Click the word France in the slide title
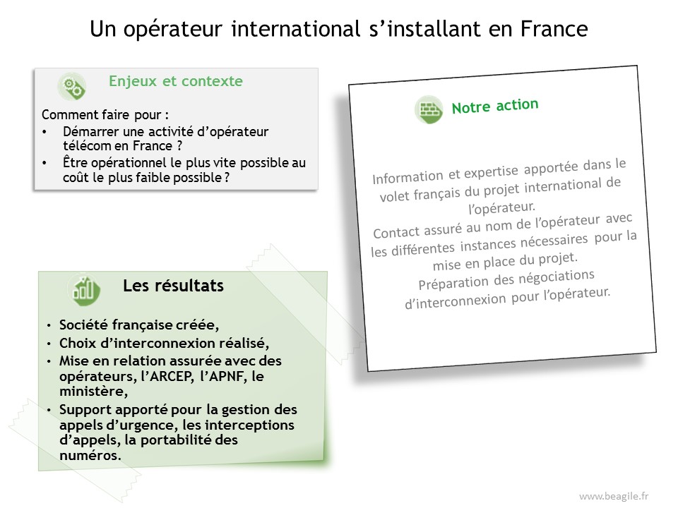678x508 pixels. pos(554,29)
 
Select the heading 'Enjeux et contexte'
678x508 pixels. pos(176,80)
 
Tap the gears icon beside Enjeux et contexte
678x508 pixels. pos(72,86)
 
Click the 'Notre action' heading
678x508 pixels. pos(495,106)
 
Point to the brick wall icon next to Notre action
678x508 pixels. pos(429,110)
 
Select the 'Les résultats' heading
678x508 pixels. pos(174,286)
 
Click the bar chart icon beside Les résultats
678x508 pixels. pos(84,289)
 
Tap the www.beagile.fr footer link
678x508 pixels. pos(614,496)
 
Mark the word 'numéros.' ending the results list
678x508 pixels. pos(90,455)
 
